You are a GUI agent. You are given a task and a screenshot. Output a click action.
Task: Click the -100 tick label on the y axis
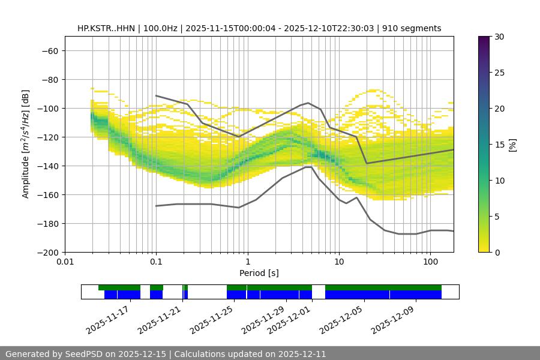click(x=49, y=108)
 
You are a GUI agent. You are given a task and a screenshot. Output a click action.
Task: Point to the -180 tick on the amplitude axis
click(x=49, y=223)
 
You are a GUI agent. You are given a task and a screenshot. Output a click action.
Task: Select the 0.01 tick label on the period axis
click(x=65, y=262)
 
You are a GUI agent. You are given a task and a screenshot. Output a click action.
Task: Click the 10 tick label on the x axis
click(x=339, y=262)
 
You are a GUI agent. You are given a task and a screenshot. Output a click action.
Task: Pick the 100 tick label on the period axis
click(x=430, y=262)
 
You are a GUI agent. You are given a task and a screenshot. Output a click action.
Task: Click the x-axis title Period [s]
click(x=259, y=273)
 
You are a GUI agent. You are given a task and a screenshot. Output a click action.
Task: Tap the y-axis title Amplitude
click(x=26, y=144)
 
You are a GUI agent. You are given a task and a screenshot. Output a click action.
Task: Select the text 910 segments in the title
click(x=415, y=28)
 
